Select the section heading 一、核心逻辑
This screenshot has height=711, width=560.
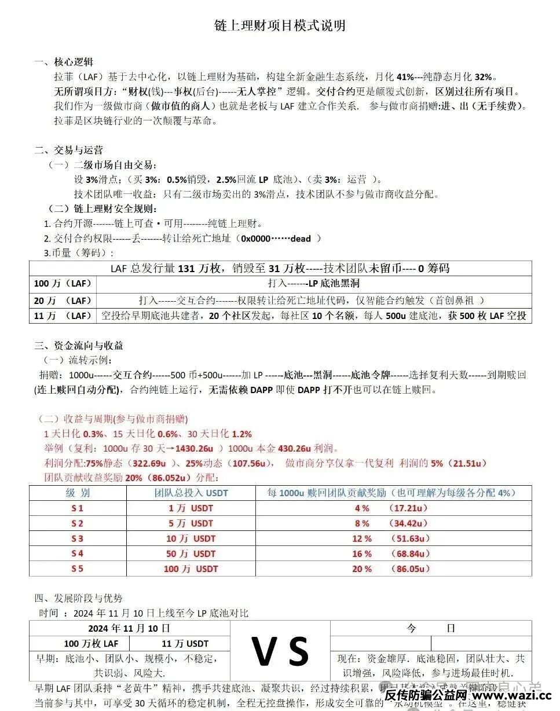click(64, 62)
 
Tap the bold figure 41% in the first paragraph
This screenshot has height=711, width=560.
click(405, 76)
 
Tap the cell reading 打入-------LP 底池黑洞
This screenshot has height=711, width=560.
click(313, 284)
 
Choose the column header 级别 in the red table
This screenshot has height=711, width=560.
click(77, 493)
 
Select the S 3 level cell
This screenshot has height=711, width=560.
click(77, 538)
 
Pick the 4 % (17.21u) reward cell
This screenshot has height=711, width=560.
click(391, 508)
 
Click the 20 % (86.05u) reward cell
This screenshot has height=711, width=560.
click(391, 569)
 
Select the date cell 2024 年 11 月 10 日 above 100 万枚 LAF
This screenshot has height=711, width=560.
click(129, 628)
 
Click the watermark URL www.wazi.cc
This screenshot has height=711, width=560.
click(513, 695)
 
